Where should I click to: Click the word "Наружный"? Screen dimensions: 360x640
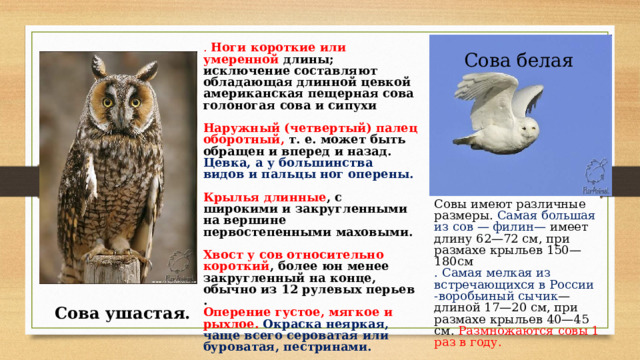coord(239,129)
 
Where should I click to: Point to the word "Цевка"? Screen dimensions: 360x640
coord(224,161)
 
